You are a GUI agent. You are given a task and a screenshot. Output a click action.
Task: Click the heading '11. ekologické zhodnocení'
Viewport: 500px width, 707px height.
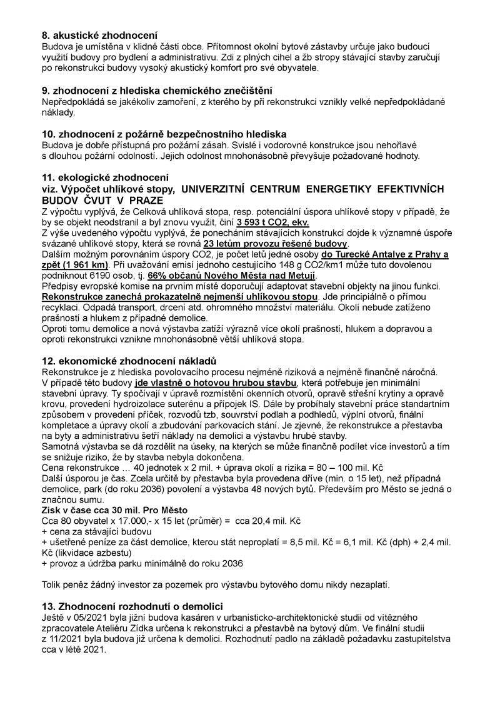(104, 178)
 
